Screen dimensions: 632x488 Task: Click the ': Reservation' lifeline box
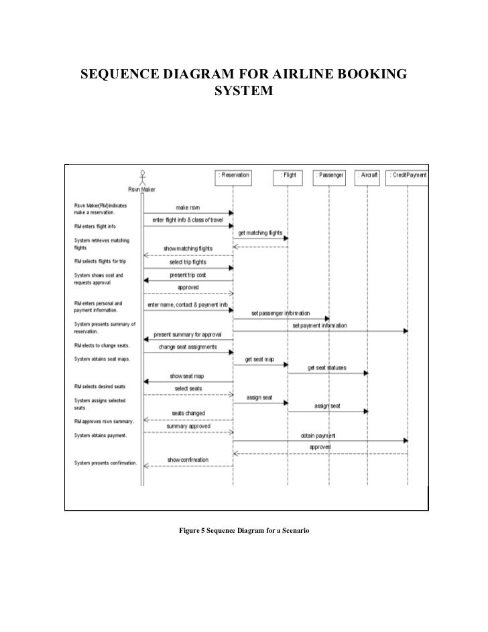(x=234, y=176)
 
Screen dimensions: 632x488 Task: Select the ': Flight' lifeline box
(x=288, y=176)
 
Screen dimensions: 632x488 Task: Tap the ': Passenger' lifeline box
(x=329, y=176)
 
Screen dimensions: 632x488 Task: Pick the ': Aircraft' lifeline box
(x=368, y=176)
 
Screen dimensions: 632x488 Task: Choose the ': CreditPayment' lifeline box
(x=408, y=176)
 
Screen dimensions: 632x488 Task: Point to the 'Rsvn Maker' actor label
(x=142, y=189)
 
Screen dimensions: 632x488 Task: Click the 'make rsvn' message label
(x=188, y=207)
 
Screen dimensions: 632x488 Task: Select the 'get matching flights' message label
(x=261, y=233)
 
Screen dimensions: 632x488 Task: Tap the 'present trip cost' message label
(x=188, y=275)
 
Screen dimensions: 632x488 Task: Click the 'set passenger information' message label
(x=280, y=313)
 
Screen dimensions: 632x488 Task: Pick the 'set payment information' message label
(x=319, y=326)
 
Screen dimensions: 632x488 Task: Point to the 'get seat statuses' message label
(x=328, y=368)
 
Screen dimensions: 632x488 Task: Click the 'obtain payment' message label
(x=318, y=435)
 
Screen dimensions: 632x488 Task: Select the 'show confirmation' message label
(x=188, y=460)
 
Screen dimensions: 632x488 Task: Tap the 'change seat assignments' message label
(x=188, y=347)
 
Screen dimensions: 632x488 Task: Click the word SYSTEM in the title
(x=243, y=89)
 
